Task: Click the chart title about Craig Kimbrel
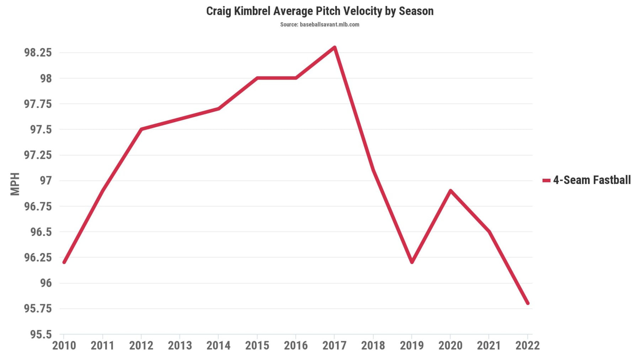coord(320,11)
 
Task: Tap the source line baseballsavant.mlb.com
coord(320,25)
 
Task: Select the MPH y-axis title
coord(15,184)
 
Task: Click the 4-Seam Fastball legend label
coord(592,180)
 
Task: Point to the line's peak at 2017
coord(335,47)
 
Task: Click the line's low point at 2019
coord(412,262)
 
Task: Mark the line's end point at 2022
coord(528,303)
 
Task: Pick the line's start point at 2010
coord(64,262)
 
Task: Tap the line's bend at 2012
coord(141,129)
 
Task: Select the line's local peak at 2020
coord(450,191)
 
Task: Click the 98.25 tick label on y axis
coord(38,53)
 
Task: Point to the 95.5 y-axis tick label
coord(41,334)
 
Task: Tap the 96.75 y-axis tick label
coord(38,206)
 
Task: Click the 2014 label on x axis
coord(218,345)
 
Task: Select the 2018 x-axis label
coord(373,345)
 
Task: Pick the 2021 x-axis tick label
coord(489,345)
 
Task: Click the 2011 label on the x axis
coord(102,345)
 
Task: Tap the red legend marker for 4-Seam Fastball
coord(546,181)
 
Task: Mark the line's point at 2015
coord(257,78)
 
